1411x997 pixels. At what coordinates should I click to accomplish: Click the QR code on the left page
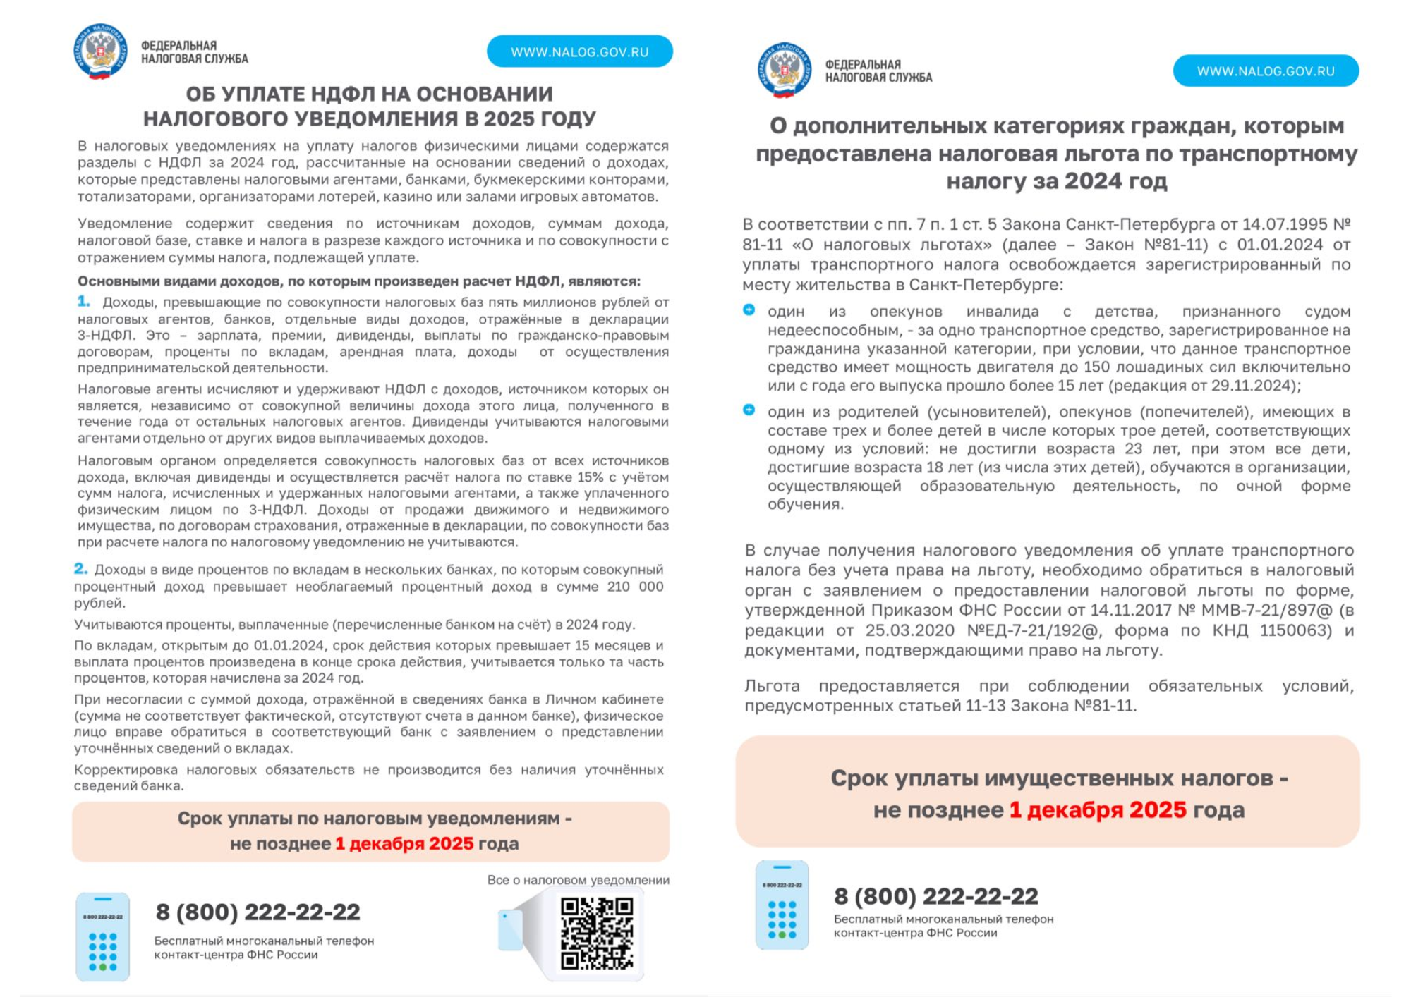(597, 932)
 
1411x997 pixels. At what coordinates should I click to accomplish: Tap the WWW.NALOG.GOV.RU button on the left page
(579, 51)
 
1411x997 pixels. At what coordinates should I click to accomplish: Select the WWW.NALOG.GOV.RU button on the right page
(1266, 71)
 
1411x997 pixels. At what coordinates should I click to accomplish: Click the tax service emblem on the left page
(100, 51)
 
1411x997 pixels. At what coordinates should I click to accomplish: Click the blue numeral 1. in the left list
(84, 302)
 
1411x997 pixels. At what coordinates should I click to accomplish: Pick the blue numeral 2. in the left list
(81, 568)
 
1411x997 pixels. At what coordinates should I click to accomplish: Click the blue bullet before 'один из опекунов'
(749, 310)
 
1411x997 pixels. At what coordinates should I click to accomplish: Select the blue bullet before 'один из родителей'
(749, 410)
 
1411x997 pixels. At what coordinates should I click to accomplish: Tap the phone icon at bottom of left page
(103, 936)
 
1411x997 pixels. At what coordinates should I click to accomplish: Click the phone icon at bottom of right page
(782, 905)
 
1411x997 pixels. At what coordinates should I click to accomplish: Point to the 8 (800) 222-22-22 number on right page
(935, 896)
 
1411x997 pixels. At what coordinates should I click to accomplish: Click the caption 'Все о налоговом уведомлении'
(578, 880)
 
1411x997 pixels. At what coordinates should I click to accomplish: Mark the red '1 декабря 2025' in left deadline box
(404, 843)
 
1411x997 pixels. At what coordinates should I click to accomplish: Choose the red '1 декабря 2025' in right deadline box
(1098, 809)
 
